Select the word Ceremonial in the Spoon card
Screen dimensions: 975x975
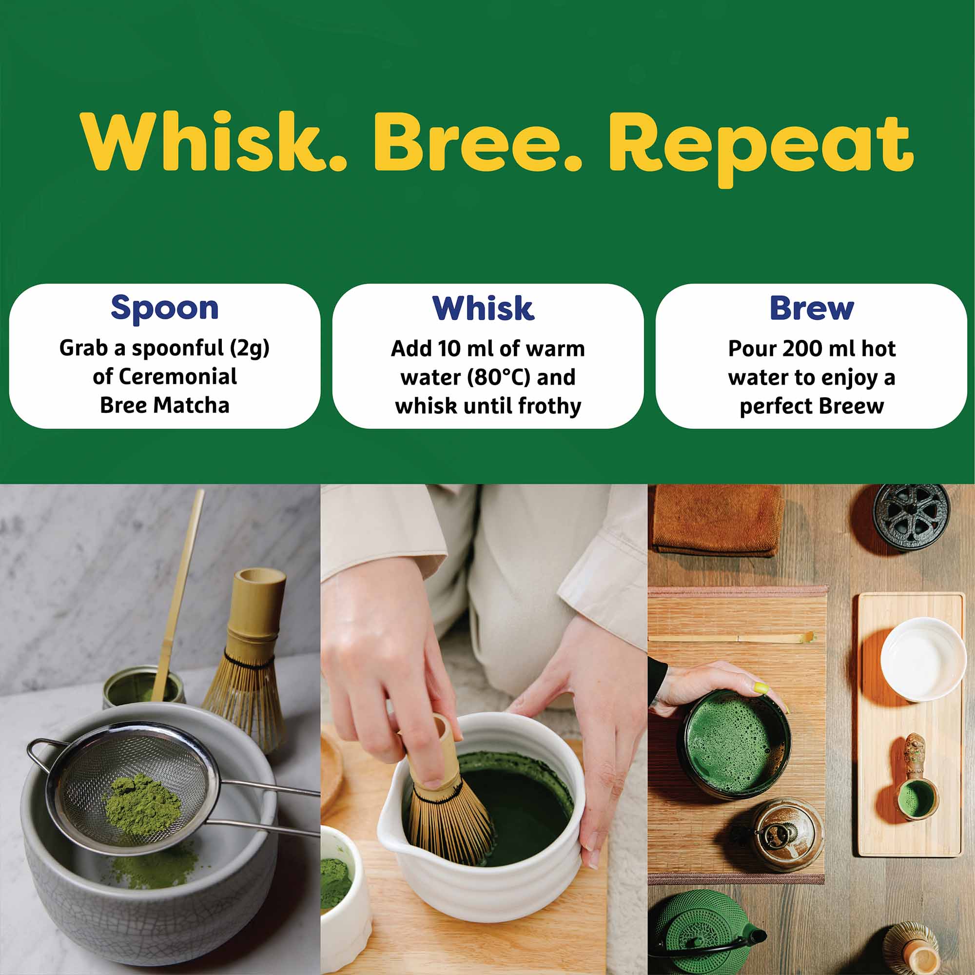click(177, 377)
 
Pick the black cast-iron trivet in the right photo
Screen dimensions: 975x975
click(909, 516)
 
